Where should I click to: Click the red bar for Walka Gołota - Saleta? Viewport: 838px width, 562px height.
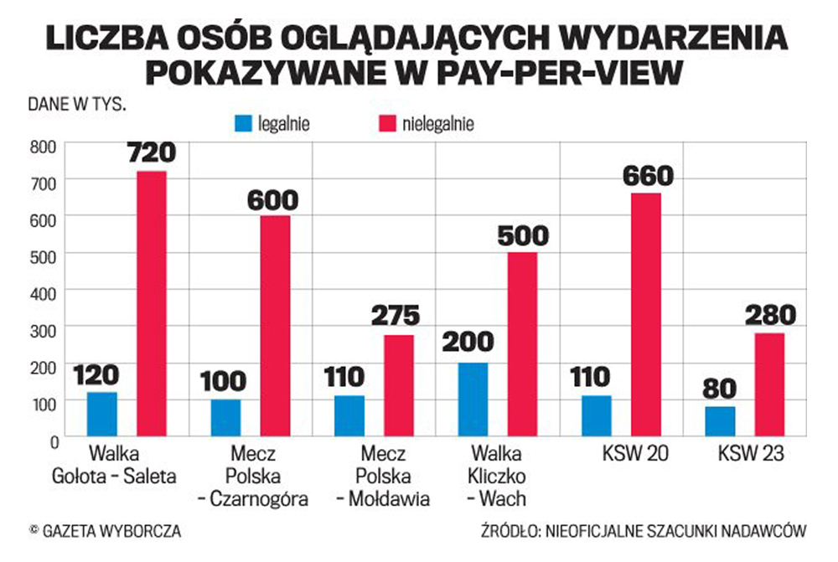(152, 303)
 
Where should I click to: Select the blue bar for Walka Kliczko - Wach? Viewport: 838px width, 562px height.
(473, 399)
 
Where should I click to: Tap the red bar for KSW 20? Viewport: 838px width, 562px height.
(645, 314)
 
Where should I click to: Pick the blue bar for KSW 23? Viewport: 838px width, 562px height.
(720, 420)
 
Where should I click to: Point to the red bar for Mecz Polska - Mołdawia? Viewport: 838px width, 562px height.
(399, 385)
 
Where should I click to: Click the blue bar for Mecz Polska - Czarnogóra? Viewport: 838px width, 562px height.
(225, 417)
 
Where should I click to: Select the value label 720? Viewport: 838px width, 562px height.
(151, 153)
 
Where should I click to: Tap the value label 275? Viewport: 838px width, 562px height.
(398, 317)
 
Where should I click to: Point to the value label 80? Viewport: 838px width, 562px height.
(720, 389)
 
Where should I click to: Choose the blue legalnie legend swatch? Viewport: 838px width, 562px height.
(244, 125)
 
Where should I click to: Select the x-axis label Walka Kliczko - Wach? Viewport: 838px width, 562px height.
(498, 477)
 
